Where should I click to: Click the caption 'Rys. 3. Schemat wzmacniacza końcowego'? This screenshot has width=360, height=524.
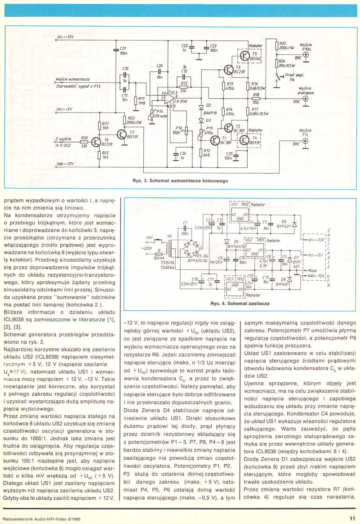pos(180,180)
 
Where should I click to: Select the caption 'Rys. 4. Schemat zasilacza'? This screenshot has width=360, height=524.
pos(240,303)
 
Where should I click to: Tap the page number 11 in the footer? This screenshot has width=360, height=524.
pos(352,518)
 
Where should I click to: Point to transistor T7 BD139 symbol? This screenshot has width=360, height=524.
pos(122,134)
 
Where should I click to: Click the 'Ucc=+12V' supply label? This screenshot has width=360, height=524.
pos(65,37)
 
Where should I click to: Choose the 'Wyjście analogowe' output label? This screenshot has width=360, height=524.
pos(305,90)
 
